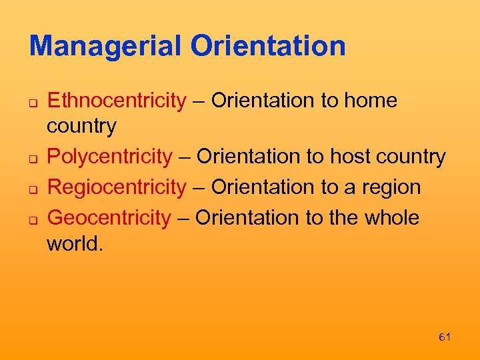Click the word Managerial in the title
tap(105, 46)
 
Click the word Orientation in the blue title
tap(268, 46)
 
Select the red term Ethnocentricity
tap(117, 101)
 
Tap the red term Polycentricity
tap(110, 157)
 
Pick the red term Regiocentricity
tap(117, 187)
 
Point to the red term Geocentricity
tap(109, 217)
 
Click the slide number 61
tap(445, 337)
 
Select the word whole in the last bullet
tap(390, 217)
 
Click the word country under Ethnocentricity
tap(81, 126)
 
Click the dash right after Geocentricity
tap(183, 218)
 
